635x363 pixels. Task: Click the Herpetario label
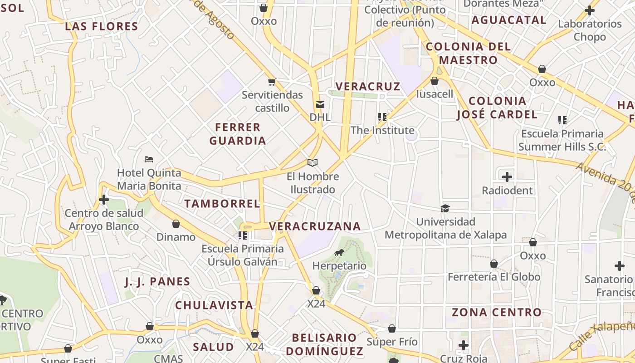click(339, 266)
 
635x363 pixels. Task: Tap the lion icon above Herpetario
click(339, 253)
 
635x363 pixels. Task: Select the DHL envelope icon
click(320, 104)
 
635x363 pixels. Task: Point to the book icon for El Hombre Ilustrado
click(313, 162)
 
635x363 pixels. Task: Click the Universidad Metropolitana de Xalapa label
click(445, 228)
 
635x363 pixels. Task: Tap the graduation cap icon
click(445, 208)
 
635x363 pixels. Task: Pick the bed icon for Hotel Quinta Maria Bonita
click(149, 159)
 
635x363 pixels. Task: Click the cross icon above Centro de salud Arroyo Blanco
click(104, 200)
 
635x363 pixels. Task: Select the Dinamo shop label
click(176, 237)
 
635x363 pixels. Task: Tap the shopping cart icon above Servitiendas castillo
click(272, 82)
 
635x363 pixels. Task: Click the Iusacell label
click(435, 94)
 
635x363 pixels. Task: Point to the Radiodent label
click(507, 190)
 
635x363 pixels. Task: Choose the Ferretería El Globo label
click(494, 277)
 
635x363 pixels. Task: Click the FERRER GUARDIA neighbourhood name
click(238, 134)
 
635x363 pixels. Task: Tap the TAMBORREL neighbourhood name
click(222, 203)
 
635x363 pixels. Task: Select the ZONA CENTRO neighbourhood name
click(497, 312)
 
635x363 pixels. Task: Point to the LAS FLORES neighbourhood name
click(102, 26)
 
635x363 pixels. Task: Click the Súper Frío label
click(392, 342)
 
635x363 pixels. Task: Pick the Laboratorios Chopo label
click(590, 30)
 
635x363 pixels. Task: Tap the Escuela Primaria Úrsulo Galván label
click(243, 255)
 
